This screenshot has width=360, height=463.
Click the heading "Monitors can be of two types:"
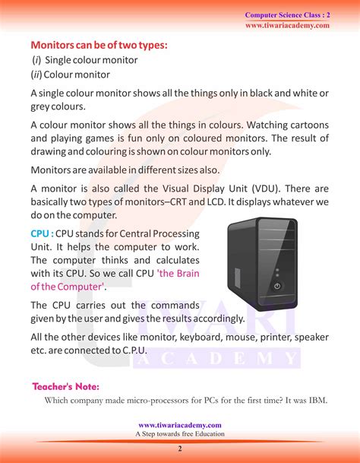[x=99, y=45]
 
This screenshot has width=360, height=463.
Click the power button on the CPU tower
[x=276, y=286]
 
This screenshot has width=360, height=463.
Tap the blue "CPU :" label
[x=43, y=233]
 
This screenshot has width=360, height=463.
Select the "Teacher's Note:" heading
[x=66, y=386]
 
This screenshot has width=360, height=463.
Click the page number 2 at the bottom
[x=180, y=449]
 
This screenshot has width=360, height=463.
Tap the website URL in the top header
[x=287, y=25]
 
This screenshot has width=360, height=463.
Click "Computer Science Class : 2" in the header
[x=287, y=15]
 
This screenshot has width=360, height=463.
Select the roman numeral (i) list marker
[x=36, y=60]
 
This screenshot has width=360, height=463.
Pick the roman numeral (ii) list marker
[x=36, y=75]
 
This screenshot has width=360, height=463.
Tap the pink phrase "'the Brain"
[x=178, y=274]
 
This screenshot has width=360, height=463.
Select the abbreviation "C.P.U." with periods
[x=134, y=350]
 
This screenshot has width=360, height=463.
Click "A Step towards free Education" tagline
[x=180, y=434]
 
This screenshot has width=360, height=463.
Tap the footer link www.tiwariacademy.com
[x=180, y=425]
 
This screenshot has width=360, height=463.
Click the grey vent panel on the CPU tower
[x=238, y=277]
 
